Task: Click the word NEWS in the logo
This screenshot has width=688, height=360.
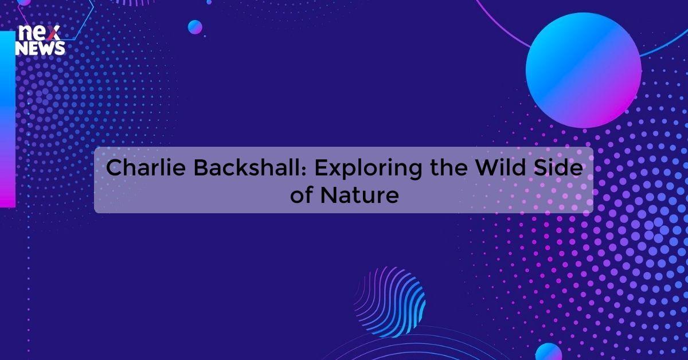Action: click(40, 49)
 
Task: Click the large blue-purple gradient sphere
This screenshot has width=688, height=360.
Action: click(583, 70)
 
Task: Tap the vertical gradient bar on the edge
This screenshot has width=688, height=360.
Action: click(7, 118)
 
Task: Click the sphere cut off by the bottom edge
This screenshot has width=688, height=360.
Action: click(549, 352)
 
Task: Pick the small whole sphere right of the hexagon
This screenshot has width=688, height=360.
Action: click(195, 27)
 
